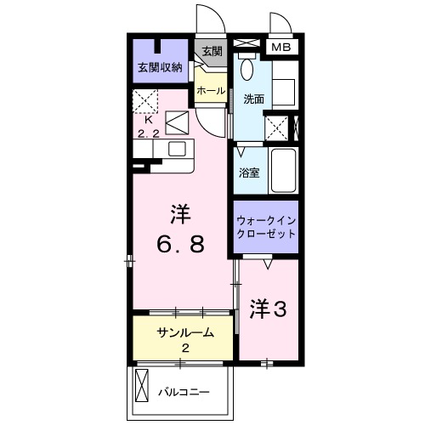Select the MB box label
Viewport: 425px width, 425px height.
281,48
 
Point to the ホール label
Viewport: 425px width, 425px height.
210,90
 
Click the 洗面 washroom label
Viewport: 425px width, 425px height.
252,99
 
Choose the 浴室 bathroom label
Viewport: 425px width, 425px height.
249,172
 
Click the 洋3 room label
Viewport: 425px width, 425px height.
268,310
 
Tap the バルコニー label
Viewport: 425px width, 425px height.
184,392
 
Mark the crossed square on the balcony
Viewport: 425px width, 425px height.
142,391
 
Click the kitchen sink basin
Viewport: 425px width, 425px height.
177,149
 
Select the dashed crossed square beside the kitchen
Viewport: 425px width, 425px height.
144,100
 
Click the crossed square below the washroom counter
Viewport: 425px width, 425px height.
276,127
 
